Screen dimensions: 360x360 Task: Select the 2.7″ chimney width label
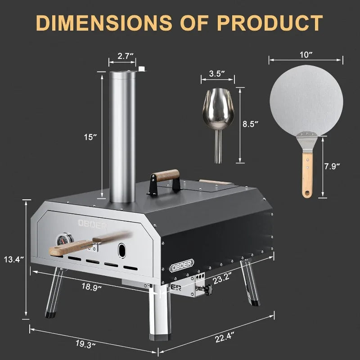tap(123, 56)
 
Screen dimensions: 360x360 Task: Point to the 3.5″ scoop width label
tap(218, 73)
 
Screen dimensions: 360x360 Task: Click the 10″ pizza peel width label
tap(306, 54)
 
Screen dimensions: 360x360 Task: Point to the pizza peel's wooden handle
tap(307, 173)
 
